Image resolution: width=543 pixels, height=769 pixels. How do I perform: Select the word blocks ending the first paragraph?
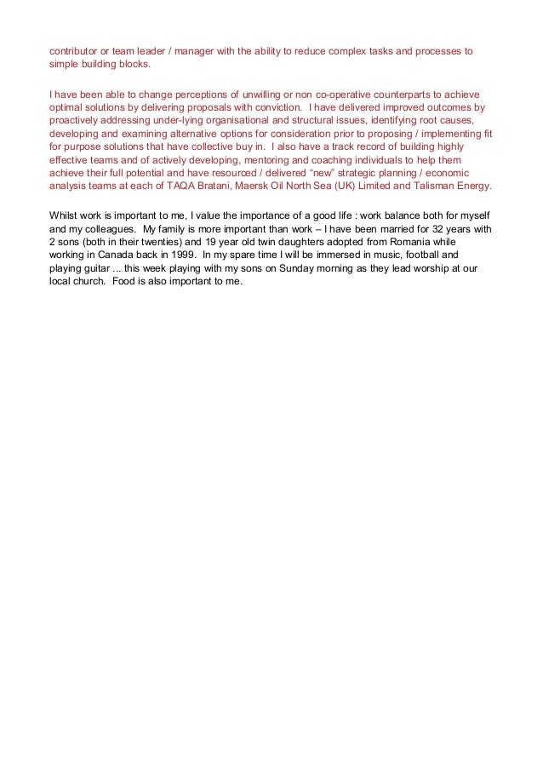pyautogui.click(x=131, y=65)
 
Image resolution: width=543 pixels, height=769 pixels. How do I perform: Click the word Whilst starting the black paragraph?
pyautogui.click(x=66, y=216)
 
